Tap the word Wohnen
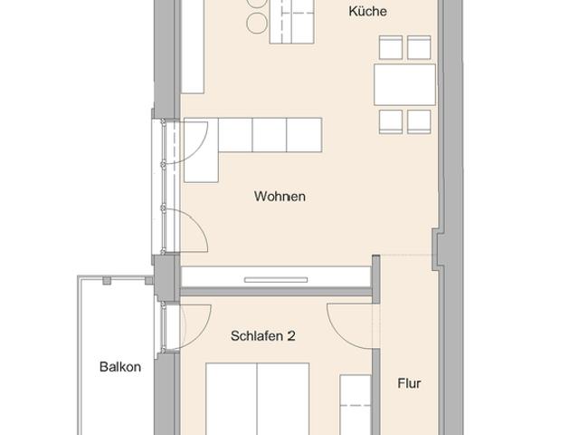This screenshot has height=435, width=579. (x=280, y=196)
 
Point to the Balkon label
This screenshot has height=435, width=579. (x=120, y=367)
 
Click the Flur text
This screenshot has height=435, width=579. (x=409, y=383)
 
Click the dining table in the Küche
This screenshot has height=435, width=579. (x=404, y=85)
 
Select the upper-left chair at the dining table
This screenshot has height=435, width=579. (x=391, y=48)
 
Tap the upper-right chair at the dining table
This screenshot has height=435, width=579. (x=419, y=48)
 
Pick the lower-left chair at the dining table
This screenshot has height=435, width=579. (x=391, y=121)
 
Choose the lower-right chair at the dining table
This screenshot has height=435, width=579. (x=419, y=121)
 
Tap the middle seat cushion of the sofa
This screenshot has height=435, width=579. (x=270, y=134)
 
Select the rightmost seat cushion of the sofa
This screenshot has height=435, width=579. (x=304, y=134)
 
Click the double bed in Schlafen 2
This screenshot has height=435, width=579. (x=257, y=399)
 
